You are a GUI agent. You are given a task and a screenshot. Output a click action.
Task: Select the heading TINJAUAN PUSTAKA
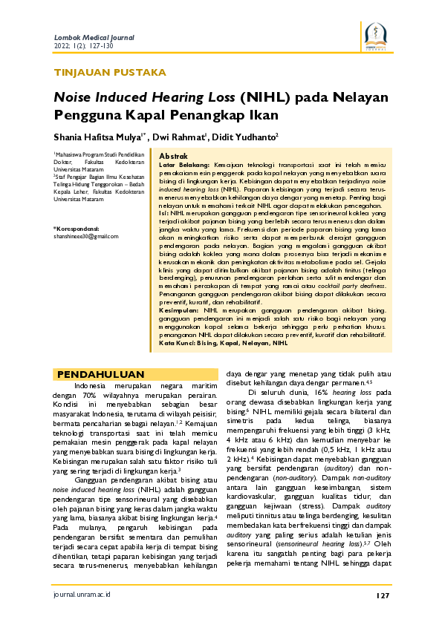point(110,73)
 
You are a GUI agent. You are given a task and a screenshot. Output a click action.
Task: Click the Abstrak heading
point(174,156)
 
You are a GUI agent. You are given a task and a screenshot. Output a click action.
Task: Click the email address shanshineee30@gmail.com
point(85,236)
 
